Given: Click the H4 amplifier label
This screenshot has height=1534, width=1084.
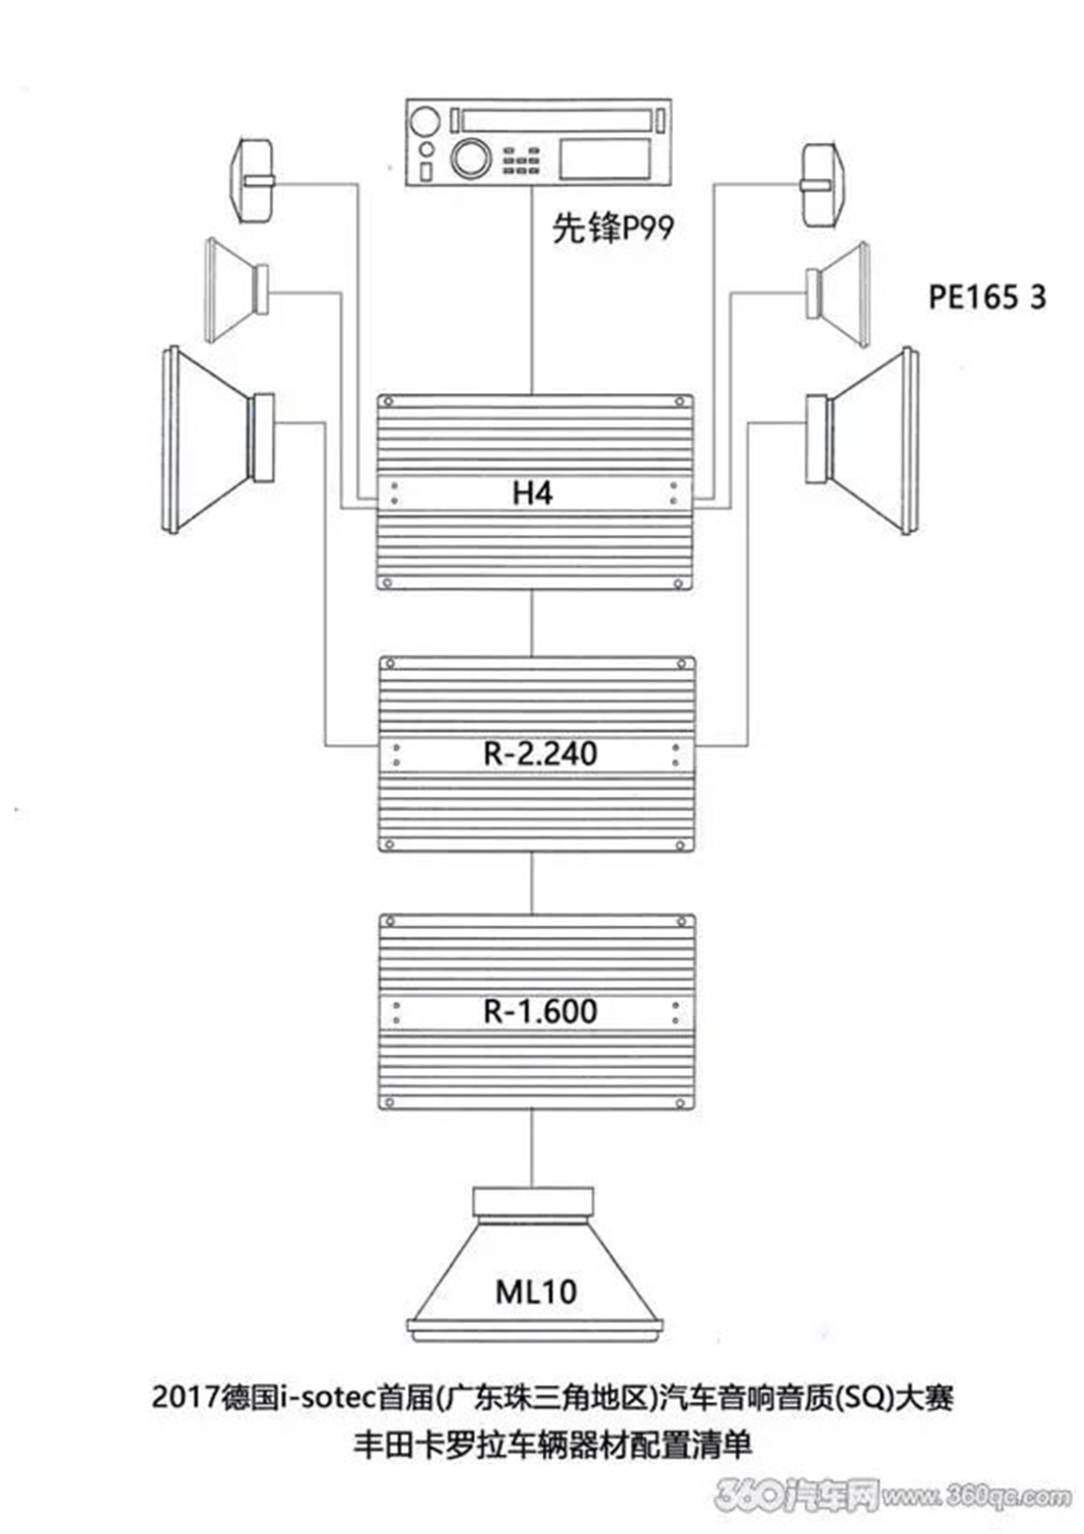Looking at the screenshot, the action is tap(532, 493).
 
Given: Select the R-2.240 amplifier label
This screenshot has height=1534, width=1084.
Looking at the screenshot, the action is tap(540, 754).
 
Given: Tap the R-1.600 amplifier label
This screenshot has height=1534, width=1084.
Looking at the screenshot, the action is tap(540, 1012).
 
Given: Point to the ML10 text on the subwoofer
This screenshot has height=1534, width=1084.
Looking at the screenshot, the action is tap(535, 1292).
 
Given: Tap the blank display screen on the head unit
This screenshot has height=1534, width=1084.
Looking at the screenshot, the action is tap(605, 159).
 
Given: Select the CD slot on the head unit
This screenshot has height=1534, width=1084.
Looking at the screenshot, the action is tap(556, 120).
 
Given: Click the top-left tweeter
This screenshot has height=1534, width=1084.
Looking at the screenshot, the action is tap(252, 181).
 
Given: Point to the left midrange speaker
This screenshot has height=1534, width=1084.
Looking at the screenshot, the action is tap(237, 290).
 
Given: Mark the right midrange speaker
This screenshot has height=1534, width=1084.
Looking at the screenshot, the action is tap(839, 293).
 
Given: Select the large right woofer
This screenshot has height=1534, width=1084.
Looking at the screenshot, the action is tap(863, 439).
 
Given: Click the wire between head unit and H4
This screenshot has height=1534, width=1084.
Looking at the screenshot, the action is tap(532, 291).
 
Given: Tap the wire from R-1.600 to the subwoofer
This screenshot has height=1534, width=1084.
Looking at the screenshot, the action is tap(532, 1149).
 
